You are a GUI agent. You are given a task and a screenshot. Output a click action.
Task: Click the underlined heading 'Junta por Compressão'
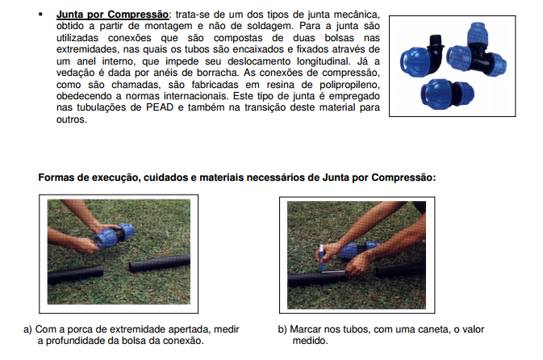(112, 15)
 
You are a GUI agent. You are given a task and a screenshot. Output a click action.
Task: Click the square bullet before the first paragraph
(41, 15)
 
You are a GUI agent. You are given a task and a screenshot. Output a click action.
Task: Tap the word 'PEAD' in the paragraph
(160, 107)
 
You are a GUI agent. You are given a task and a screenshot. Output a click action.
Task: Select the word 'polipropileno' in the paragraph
(349, 85)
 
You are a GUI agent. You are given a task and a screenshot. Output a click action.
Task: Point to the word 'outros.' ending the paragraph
(72, 119)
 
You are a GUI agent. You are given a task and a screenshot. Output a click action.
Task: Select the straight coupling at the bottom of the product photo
(447, 94)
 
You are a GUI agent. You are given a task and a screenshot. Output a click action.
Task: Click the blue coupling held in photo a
(115, 236)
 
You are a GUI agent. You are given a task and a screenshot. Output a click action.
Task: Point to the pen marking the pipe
(322, 258)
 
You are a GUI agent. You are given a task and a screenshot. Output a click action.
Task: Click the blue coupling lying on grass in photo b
(360, 249)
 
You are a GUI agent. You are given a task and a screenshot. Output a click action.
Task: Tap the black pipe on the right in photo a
(159, 262)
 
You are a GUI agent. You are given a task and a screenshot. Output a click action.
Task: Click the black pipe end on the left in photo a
(75, 274)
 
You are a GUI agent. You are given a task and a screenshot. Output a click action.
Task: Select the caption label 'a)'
(27, 329)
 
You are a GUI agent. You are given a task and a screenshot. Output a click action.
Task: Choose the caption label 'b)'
(282, 329)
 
